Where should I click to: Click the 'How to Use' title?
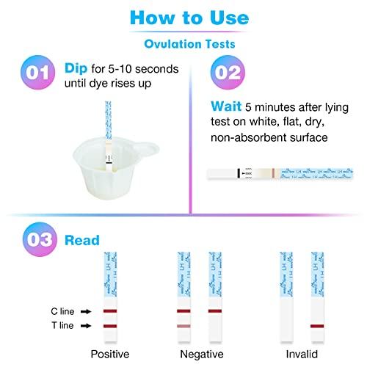[183, 17]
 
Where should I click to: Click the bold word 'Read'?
[77, 239]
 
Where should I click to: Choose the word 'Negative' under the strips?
[200, 354]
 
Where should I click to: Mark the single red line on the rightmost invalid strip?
[316, 325]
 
